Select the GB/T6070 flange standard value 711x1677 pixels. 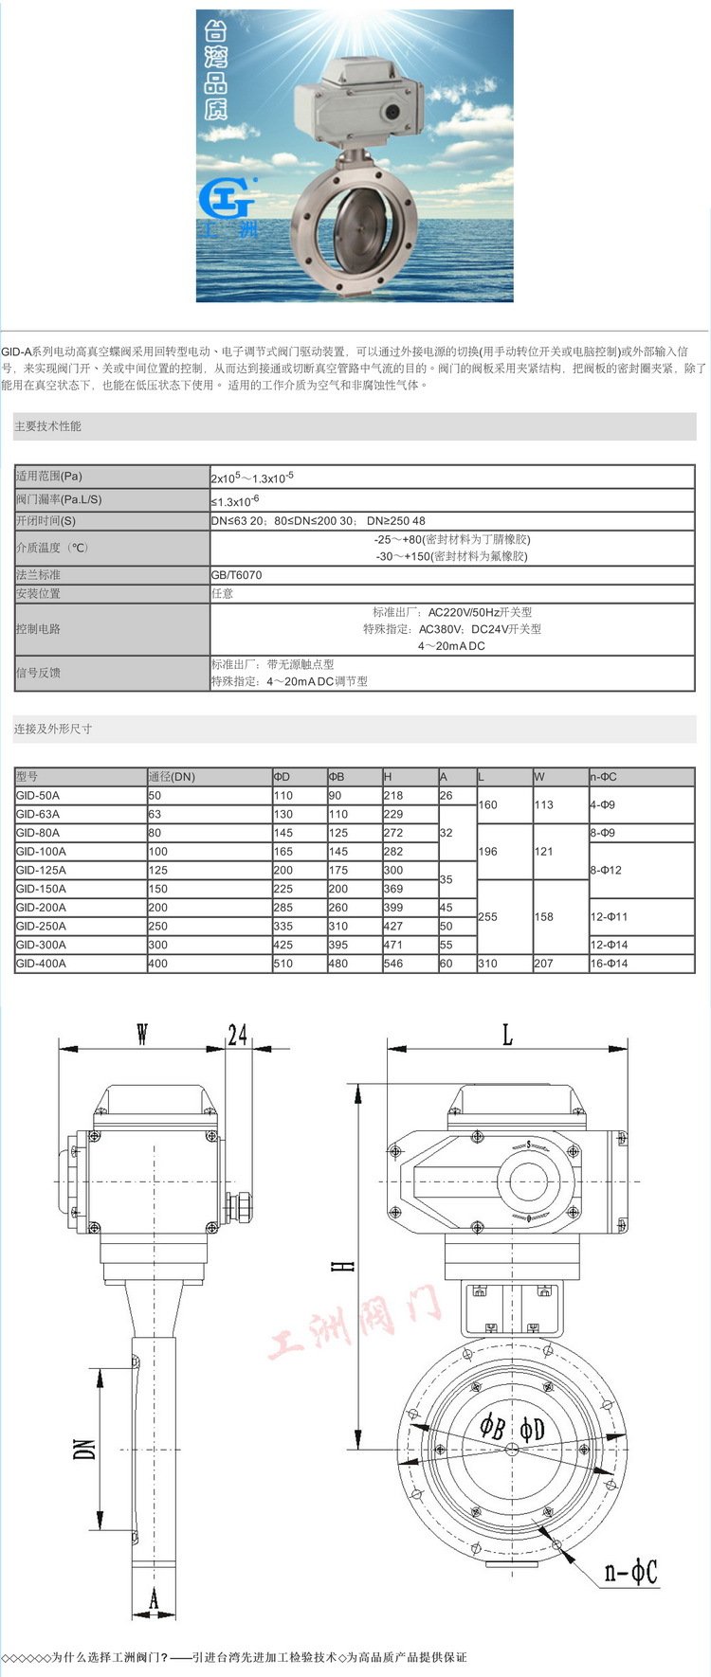(x=237, y=575)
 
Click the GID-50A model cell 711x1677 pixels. (x=38, y=796)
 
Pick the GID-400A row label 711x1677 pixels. (x=41, y=964)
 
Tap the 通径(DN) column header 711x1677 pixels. (x=172, y=777)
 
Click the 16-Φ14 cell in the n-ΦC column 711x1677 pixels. (x=609, y=964)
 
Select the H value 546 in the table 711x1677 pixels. (x=393, y=964)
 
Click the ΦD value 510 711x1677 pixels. (x=283, y=964)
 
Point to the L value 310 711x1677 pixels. (x=487, y=964)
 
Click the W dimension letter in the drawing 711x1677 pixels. (x=142, y=1034)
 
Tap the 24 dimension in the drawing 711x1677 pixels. (x=237, y=1034)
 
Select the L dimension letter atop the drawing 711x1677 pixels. (x=507, y=1035)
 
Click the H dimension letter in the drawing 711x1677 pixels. (x=347, y=1266)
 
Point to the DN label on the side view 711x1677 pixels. (x=85, y=1449)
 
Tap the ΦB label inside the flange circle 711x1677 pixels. (x=492, y=1427)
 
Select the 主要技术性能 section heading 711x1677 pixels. (x=47, y=426)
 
